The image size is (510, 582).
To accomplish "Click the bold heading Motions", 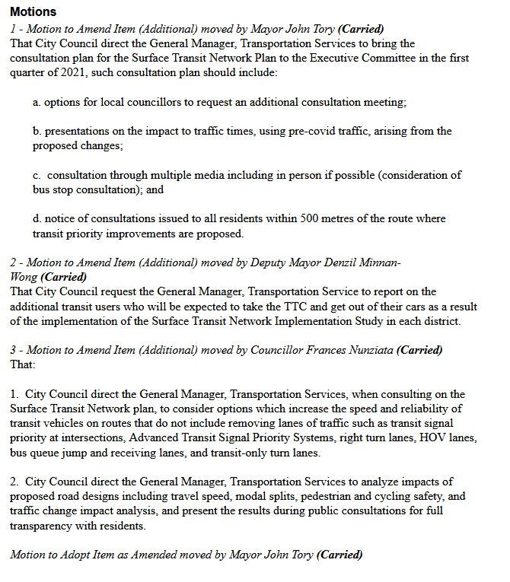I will point(33,13).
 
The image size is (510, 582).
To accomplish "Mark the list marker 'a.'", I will point(37,102).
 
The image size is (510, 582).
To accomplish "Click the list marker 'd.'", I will point(37,218).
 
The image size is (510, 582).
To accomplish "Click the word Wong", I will point(24,277).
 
